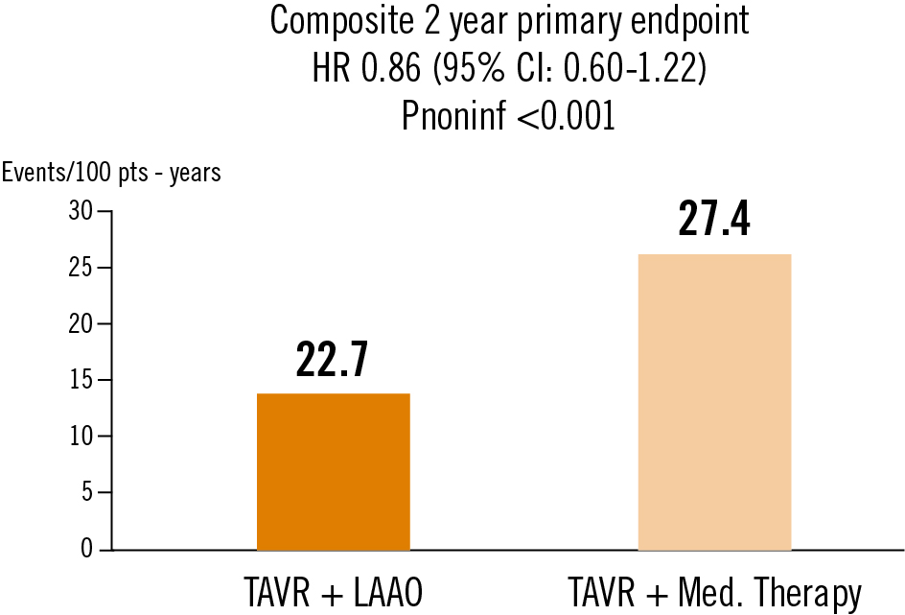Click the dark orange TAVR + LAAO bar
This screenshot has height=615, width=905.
(334, 471)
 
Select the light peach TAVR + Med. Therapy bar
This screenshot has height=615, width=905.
(714, 402)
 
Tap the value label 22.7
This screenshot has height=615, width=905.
(333, 360)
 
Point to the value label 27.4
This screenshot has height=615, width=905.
(714, 219)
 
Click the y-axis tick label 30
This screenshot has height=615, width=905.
(81, 211)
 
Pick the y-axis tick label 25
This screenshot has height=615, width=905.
(81, 268)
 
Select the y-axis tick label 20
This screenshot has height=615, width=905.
(81, 324)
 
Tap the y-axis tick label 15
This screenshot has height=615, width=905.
(81, 380)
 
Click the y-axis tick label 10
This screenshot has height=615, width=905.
(81, 437)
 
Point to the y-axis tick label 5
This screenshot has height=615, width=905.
(86, 493)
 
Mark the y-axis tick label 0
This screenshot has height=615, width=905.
(86, 550)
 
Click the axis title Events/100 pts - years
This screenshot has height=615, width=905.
(111, 173)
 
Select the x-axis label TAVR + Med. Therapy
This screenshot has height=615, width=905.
(714, 592)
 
